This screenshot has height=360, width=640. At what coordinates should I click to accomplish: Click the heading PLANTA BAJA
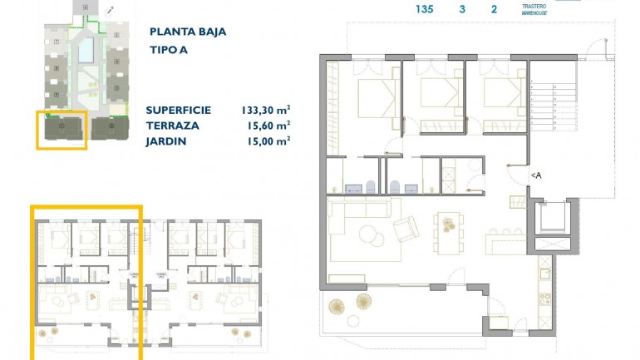click(x=187, y=32)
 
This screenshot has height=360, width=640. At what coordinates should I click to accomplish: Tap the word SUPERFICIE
click(x=178, y=110)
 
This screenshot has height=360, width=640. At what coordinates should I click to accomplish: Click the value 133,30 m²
click(x=265, y=110)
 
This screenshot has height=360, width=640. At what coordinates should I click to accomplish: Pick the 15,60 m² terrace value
click(x=268, y=126)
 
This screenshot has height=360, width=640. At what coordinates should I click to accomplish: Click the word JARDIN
click(x=166, y=141)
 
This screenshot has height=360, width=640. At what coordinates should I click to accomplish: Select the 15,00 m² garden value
click(x=268, y=141)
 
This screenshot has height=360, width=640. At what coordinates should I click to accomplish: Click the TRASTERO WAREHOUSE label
click(x=534, y=10)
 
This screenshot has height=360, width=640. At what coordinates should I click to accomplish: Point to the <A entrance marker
click(x=536, y=175)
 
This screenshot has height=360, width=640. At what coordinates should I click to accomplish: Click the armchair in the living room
click(x=406, y=228)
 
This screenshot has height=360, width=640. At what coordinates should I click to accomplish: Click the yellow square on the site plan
click(x=62, y=130)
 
